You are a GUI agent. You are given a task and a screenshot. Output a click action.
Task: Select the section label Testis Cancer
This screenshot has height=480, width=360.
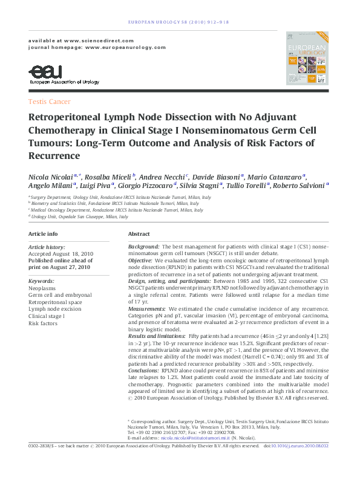(50, 102)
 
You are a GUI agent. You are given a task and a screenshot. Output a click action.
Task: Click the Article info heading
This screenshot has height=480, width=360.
(44, 233)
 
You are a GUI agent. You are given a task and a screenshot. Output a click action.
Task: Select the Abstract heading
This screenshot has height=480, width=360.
(139, 233)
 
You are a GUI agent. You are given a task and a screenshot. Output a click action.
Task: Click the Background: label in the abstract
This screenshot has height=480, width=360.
(144, 247)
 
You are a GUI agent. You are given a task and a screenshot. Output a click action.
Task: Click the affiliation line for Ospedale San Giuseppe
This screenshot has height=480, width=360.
(79, 216)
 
